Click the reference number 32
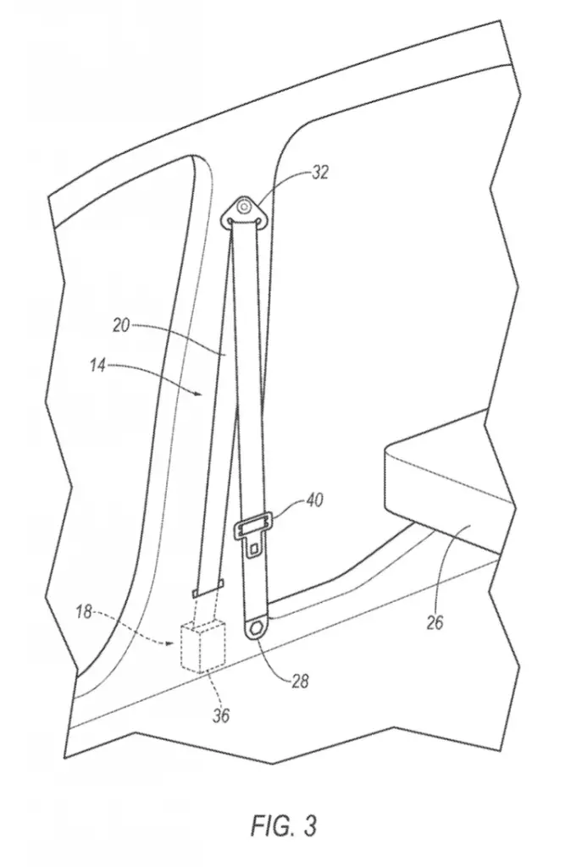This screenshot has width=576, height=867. (x=319, y=173)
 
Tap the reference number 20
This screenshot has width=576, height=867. (x=121, y=326)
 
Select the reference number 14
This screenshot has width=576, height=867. (x=97, y=365)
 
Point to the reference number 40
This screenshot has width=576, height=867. (x=313, y=500)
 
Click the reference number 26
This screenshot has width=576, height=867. (x=435, y=622)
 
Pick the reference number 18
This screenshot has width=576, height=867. (x=84, y=613)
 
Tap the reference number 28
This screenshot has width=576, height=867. (x=299, y=681)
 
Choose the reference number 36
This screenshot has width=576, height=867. (x=221, y=716)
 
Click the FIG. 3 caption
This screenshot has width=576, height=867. (x=284, y=826)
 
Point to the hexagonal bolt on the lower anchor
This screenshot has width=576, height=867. (x=257, y=629)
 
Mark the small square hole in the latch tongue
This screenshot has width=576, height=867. (x=254, y=549)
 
